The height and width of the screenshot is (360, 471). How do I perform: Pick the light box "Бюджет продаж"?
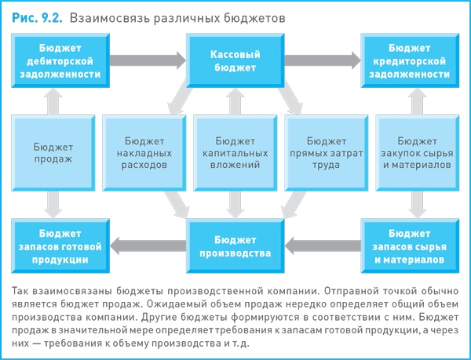pyautogui.click(x=53, y=152)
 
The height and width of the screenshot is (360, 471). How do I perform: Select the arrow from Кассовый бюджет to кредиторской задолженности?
pyautogui.click(x=323, y=60)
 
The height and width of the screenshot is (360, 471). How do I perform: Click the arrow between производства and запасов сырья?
pyautogui.click(x=323, y=246)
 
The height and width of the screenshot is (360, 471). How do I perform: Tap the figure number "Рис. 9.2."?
pyautogui.click(x=35, y=16)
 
